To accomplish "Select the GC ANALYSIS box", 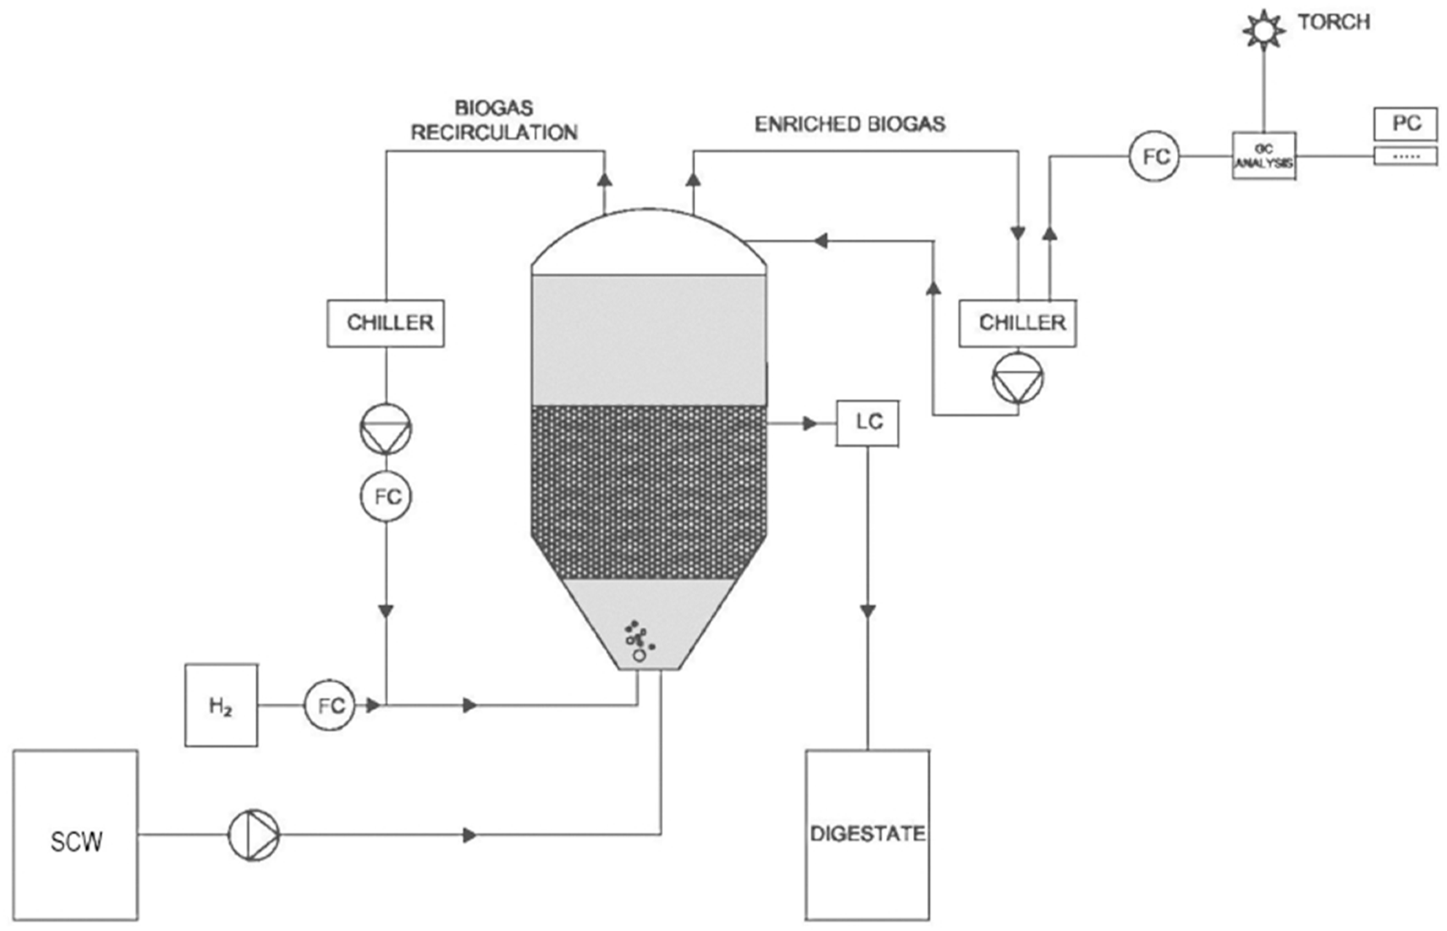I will point(1264,156).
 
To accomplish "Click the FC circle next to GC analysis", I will point(1154,156).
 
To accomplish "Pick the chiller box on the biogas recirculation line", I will point(386,323).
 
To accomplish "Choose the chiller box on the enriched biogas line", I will point(1017,323).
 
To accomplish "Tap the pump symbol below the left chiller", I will point(386,429).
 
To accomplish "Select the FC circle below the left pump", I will point(386,496).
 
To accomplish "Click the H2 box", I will point(221,706).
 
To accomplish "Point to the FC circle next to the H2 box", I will point(329,706).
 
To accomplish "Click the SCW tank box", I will point(76,841).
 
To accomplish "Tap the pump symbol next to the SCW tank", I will point(253,835).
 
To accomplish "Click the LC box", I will point(867,422).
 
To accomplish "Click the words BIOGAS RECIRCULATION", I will point(494,120).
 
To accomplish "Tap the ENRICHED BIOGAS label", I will point(850,124).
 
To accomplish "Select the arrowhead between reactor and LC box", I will point(810,423).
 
